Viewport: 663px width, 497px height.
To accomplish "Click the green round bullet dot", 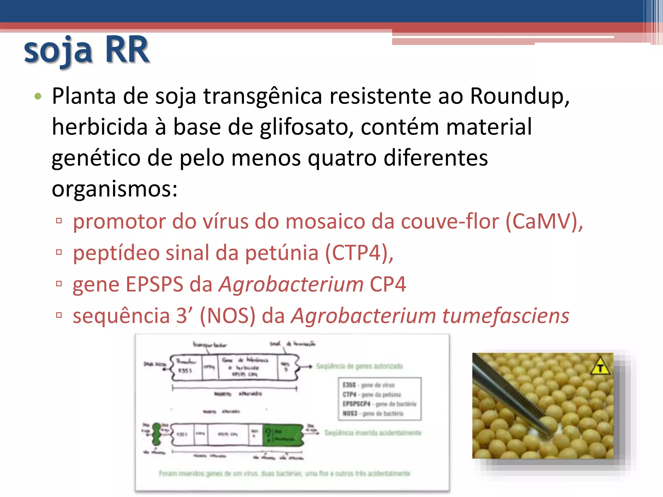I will point(38,96).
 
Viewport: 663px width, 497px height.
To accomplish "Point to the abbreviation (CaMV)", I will point(544,222).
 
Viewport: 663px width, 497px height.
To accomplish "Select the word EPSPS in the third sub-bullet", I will point(154,284).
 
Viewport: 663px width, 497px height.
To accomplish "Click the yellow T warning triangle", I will point(600,367).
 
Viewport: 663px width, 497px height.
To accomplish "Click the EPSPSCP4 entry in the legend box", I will point(356,404).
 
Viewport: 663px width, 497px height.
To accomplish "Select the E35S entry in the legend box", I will point(349,385).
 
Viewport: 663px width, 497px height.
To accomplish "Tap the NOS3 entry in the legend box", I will point(350,414).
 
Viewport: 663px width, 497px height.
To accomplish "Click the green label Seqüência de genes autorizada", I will point(359,366).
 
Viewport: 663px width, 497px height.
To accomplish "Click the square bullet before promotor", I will point(59,221).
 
